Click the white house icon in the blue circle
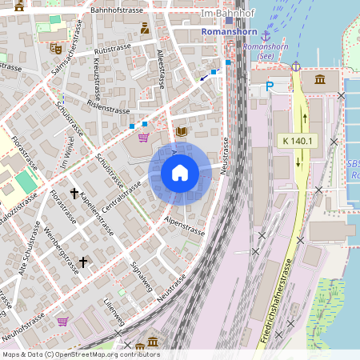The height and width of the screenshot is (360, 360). [x=180, y=173]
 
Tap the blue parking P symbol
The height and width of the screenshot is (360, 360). [x=270, y=85]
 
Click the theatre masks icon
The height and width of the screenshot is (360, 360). [x=56, y=48]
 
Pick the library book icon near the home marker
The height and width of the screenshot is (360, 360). [x=181, y=131]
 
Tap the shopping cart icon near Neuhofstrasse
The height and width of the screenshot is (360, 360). [x=62, y=322]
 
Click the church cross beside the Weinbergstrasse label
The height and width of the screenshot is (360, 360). [x=82, y=262]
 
